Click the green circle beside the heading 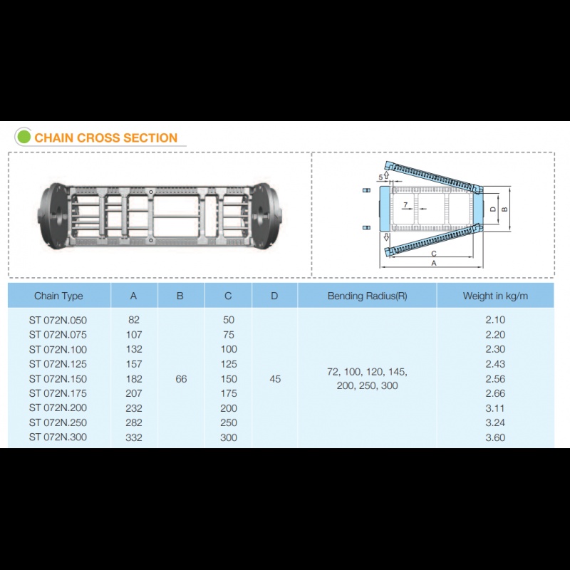coord(24,137)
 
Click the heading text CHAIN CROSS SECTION coord(105,138)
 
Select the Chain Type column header coord(58,296)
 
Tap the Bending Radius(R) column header coord(367,296)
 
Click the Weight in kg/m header coord(495,296)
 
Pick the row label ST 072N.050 coord(58,320)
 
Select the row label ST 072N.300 coord(58,437)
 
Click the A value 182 coord(134,379)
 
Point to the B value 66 coord(181,379)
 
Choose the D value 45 coord(275,379)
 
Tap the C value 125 coord(229,364)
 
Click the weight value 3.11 coord(495,408)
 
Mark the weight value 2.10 coord(495,320)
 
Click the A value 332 coord(134,437)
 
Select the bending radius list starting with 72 coord(367,378)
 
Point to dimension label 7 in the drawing coord(405,205)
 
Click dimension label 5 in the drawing coord(380,177)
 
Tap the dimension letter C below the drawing coord(434,254)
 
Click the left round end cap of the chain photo coord(53,216)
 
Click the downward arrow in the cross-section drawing coord(386,237)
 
